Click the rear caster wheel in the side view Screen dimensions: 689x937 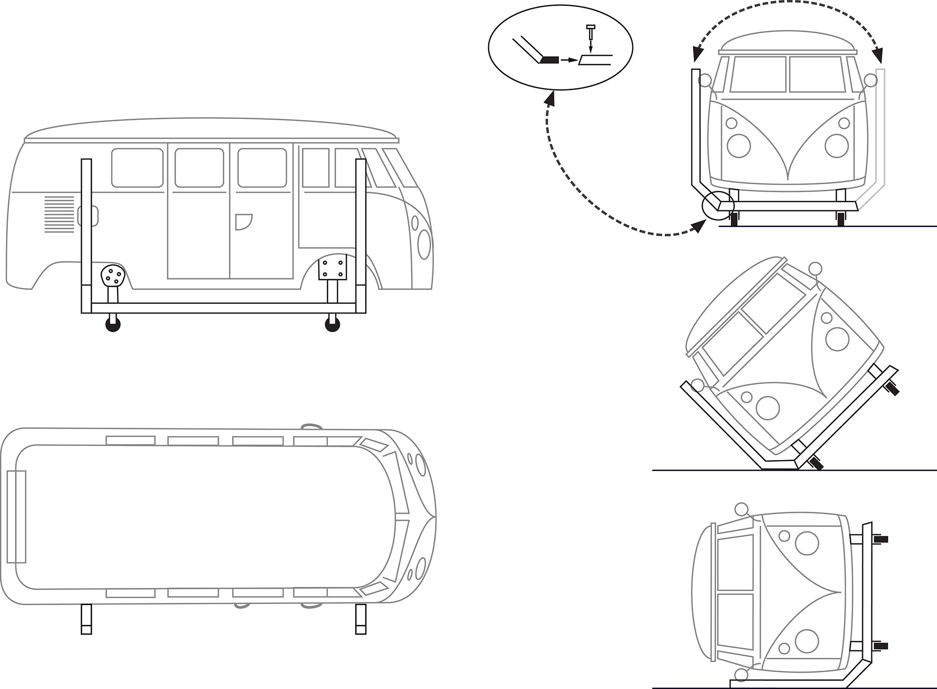(113, 325)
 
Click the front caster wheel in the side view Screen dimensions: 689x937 (332, 325)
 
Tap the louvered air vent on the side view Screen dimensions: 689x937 (59, 215)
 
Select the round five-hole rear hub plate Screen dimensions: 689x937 (112, 275)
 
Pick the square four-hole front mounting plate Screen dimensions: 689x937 (332, 267)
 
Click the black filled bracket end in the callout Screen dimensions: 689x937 (550, 60)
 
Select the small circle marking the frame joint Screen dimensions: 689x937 (717, 205)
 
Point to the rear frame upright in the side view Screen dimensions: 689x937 (86, 234)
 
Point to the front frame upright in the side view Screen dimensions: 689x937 (360, 234)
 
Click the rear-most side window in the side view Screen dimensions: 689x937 (137, 168)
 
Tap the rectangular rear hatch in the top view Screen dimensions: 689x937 (16, 516)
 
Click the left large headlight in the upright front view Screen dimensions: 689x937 (739, 145)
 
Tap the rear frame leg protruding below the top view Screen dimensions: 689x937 (86, 619)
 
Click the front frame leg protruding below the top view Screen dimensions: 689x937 (360, 619)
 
